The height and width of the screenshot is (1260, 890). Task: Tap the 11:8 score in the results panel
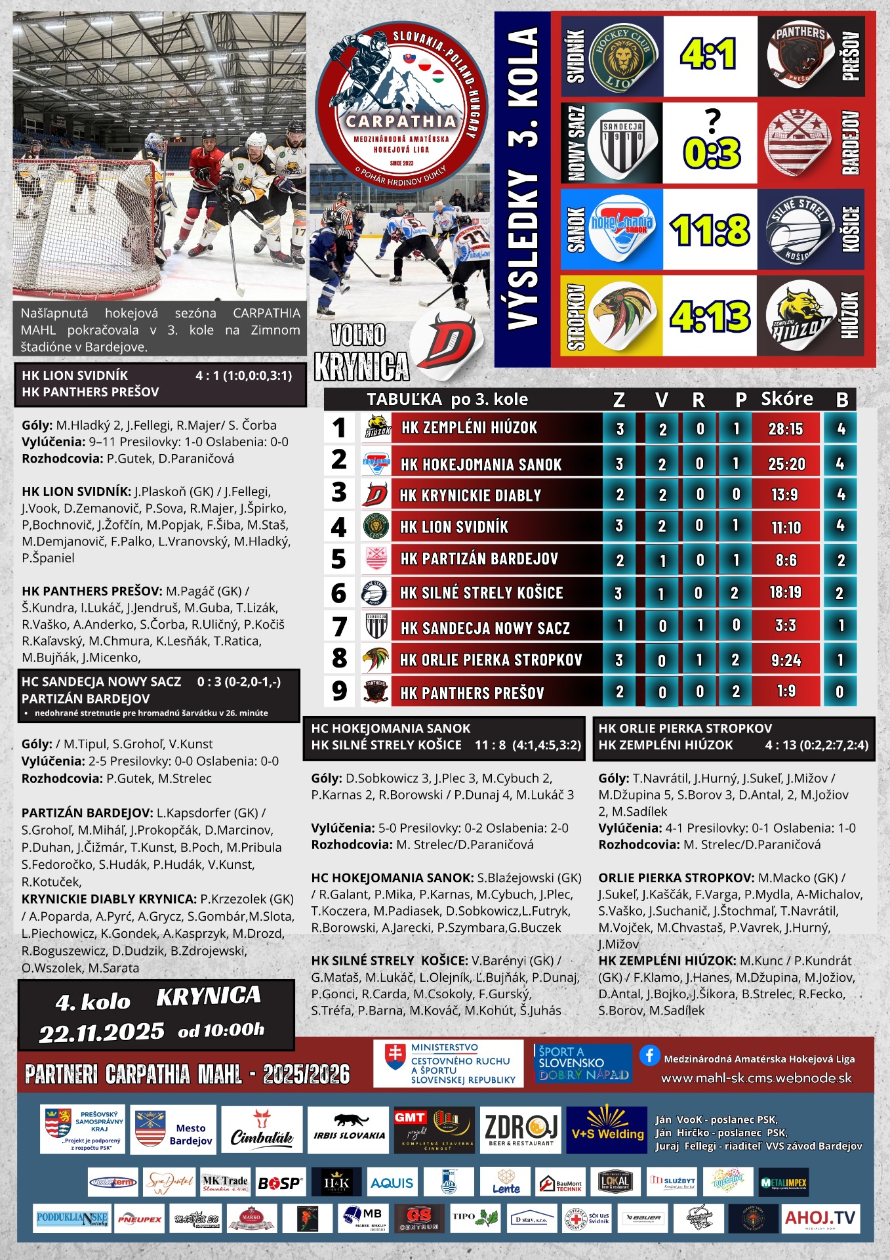click(x=710, y=230)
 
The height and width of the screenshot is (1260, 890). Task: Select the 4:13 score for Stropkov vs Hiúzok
click(x=710, y=316)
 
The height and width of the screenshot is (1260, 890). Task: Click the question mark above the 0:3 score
click(x=712, y=121)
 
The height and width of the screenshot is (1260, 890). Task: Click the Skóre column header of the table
click(x=787, y=399)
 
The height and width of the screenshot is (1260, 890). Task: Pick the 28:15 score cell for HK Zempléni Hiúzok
click(x=786, y=429)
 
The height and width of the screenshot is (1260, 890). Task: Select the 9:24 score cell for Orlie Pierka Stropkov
click(x=786, y=660)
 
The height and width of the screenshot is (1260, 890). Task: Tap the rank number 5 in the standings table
click(x=338, y=559)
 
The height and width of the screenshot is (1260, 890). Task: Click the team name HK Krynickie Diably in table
click(x=471, y=495)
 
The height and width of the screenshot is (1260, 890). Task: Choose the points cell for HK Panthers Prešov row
click(x=839, y=692)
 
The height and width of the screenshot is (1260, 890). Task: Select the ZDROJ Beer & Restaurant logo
click(x=521, y=1130)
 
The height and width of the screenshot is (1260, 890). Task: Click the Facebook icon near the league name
click(x=649, y=1055)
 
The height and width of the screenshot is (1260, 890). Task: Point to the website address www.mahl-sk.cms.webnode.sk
click(x=756, y=1078)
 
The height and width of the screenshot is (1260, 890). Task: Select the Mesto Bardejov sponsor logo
click(x=174, y=1130)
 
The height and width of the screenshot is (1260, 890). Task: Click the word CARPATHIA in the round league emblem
click(x=401, y=121)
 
